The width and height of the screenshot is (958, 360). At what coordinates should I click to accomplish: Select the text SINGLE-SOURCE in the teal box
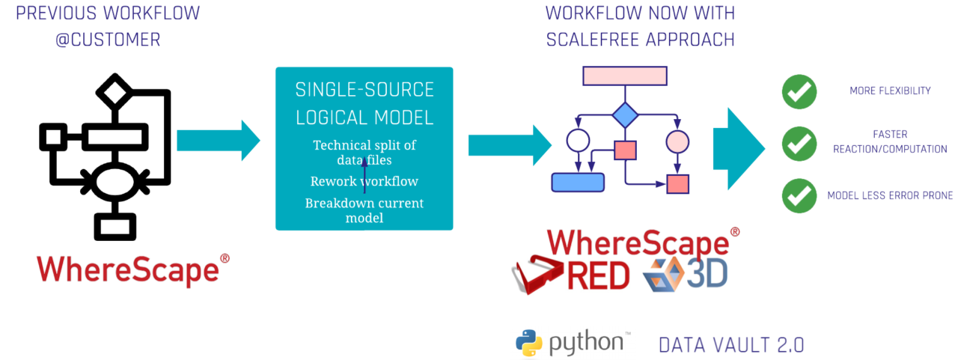pyautogui.click(x=364, y=90)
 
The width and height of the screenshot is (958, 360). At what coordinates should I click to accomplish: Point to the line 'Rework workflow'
pyautogui.click(x=364, y=181)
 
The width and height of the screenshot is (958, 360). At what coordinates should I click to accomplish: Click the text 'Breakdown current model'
pyautogui.click(x=364, y=210)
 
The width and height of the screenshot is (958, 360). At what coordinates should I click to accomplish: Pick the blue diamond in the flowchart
pyautogui.click(x=625, y=116)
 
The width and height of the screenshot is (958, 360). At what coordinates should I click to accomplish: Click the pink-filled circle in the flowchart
pyautogui.click(x=677, y=141)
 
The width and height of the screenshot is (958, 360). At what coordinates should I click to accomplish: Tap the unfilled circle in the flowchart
pyautogui.click(x=578, y=140)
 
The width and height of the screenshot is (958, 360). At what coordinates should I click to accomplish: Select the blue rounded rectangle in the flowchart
pyautogui.click(x=578, y=182)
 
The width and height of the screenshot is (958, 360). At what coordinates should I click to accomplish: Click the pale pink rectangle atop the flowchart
pyautogui.click(x=625, y=76)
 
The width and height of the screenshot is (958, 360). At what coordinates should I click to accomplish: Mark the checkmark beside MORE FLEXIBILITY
pyautogui.click(x=799, y=91)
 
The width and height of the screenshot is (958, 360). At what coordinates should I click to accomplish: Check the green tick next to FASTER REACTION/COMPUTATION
pyautogui.click(x=799, y=142)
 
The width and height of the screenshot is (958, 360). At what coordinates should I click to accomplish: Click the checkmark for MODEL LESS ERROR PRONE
pyautogui.click(x=799, y=195)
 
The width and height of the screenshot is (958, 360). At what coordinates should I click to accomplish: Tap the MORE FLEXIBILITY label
pyautogui.click(x=890, y=91)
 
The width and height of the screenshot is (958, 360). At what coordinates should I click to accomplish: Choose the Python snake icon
pyautogui.click(x=529, y=344)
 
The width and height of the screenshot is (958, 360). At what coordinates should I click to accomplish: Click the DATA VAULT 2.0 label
pyautogui.click(x=732, y=344)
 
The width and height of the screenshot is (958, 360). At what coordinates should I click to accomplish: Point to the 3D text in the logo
pyautogui.click(x=707, y=275)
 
